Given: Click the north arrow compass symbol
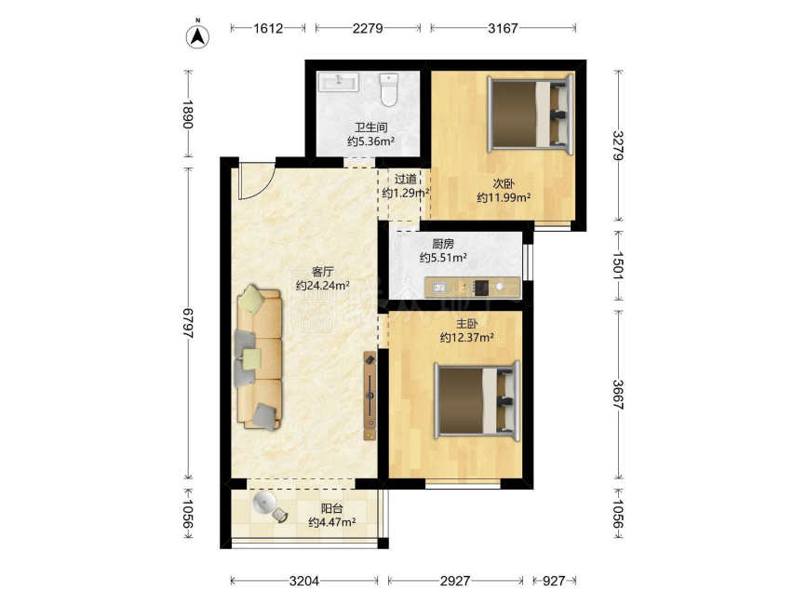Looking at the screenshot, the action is pyautogui.click(x=197, y=35).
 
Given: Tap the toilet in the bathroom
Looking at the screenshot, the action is pyautogui.click(x=388, y=89).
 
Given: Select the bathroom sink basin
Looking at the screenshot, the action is pyautogui.click(x=338, y=82).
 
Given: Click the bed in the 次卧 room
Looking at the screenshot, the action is pyautogui.click(x=531, y=114).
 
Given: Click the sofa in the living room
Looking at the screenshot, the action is pyautogui.click(x=260, y=357).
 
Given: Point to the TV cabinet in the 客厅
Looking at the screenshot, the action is pyautogui.click(x=370, y=396).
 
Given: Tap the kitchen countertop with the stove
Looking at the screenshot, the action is pyautogui.click(x=472, y=288).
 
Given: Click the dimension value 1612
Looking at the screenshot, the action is pyautogui.click(x=268, y=28).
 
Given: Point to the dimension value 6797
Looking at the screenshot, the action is pyautogui.click(x=188, y=323).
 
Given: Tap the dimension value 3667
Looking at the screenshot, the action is pyautogui.click(x=619, y=394).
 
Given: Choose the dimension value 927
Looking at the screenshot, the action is pyautogui.click(x=554, y=581).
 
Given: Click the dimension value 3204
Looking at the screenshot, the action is pyautogui.click(x=304, y=581).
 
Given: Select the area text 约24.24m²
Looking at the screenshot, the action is pyautogui.click(x=323, y=286).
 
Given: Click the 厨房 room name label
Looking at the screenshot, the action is pyautogui.click(x=443, y=244).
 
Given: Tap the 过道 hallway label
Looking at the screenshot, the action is pyautogui.click(x=406, y=179).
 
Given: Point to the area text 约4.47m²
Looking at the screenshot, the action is pyautogui.click(x=332, y=523).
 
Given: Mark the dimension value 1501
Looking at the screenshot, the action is pyautogui.click(x=619, y=265).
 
